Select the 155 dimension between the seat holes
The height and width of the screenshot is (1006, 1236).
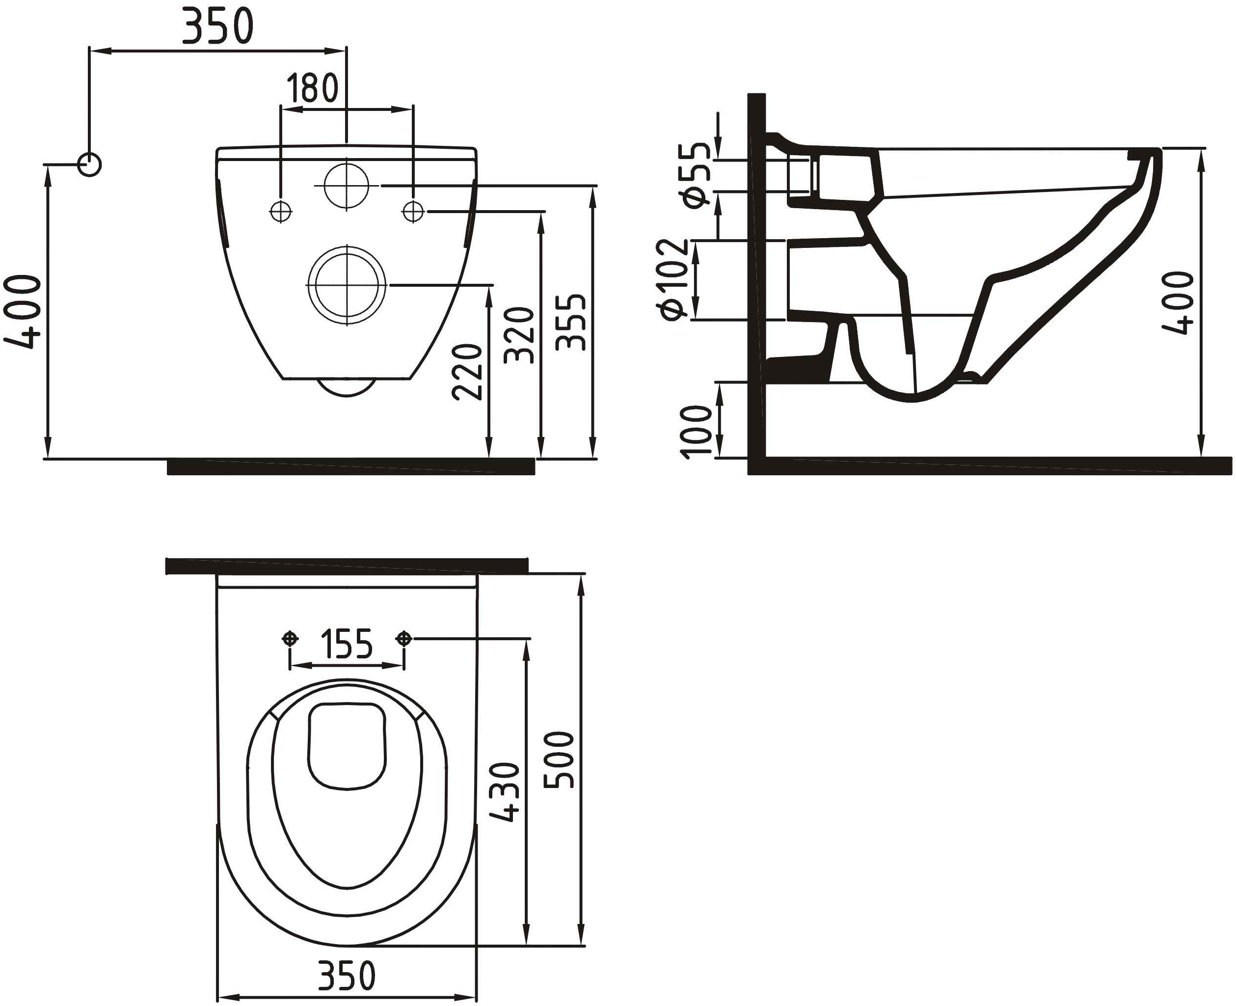(347, 644)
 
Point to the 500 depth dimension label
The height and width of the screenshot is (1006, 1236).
(560, 760)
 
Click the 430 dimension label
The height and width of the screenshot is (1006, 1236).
(504, 792)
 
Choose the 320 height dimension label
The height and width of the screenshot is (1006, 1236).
(519, 335)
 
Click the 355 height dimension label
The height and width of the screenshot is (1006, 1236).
(570, 322)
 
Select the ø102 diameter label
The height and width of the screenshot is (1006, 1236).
(674, 279)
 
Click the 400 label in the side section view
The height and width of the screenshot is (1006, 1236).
(1179, 303)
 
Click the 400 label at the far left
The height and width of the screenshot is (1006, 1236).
(24, 312)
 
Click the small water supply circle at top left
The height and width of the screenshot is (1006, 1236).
(89, 164)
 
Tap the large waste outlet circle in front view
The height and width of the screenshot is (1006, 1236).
(347, 285)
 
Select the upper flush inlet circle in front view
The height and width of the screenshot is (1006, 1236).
(346, 186)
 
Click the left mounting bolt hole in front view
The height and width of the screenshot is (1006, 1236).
(281, 212)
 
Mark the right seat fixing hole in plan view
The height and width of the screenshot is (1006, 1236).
(404, 639)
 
